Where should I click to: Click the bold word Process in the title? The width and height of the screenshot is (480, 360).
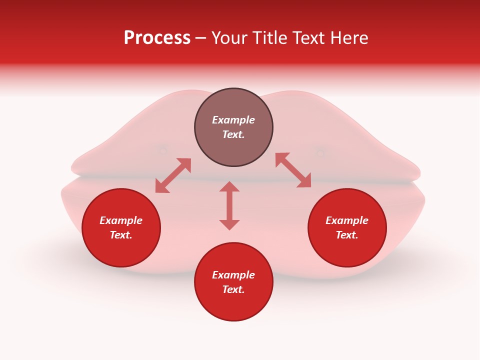(x=157, y=38)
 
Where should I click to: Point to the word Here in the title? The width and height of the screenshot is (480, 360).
(x=349, y=38)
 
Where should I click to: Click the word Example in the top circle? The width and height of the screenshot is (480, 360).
(x=233, y=120)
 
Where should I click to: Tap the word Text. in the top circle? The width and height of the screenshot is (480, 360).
(x=233, y=134)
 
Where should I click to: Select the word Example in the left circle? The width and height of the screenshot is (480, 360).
(x=121, y=220)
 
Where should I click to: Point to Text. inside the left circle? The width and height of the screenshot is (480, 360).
(x=121, y=235)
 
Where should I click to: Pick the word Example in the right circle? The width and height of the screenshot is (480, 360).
(x=347, y=220)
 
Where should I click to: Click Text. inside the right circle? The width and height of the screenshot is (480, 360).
(x=347, y=235)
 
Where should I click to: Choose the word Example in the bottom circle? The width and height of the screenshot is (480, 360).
(x=233, y=275)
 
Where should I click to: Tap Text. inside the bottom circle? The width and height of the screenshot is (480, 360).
(x=233, y=289)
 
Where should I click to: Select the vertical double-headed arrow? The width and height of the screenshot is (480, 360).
(x=229, y=205)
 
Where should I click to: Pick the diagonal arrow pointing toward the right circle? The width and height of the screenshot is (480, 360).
(x=293, y=170)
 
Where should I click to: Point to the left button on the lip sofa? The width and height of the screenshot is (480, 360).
(x=162, y=149)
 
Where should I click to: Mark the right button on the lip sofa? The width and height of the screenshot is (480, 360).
(x=320, y=153)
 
